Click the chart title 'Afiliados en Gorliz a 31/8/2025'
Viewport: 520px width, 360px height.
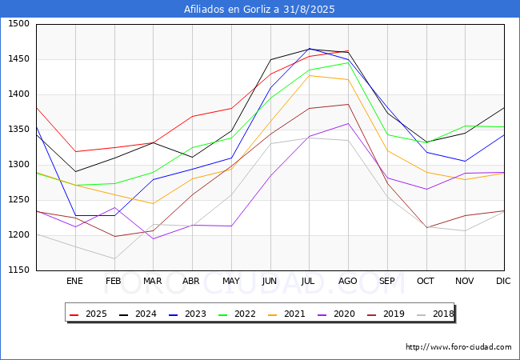pyautogui.click(x=259, y=10)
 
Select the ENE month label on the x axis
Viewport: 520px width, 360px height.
pyautogui.click(x=74, y=281)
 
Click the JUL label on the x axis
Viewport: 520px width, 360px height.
pyautogui.click(x=309, y=281)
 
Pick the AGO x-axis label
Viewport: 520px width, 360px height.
pyautogui.click(x=348, y=281)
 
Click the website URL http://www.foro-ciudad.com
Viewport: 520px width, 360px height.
pyautogui.click(x=458, y=347)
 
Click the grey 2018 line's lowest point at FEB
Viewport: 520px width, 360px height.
pyautogui.click(x=114, y=258)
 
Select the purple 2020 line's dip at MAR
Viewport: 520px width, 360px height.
pyautogui.click(x=153, y=239)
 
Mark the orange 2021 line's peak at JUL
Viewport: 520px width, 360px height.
pyautogui.click(x=309, y=75)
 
